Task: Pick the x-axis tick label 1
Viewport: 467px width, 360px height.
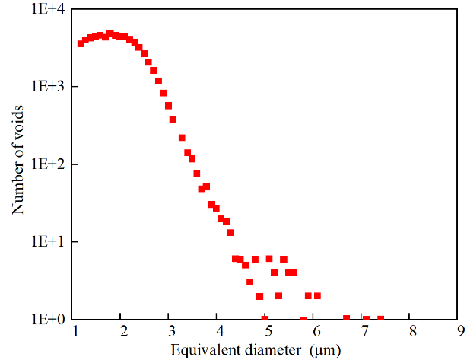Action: pos(75,331)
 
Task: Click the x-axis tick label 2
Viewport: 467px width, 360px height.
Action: pos(123,331)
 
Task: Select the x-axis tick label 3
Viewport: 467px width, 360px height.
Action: pos(172,331)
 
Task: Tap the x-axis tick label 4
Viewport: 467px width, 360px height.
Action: pos(220,331)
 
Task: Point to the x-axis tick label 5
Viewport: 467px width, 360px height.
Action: pos(268,331)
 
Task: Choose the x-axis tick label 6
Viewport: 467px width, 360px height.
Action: pos(316,331)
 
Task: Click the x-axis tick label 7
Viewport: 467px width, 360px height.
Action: pos(364,331)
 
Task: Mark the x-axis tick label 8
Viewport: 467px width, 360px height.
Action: pos(413,331)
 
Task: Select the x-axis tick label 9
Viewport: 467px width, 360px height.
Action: pos(461,331)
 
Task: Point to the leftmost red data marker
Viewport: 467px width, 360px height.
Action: pos(81,43)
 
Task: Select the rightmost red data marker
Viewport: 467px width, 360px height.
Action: pos(380,318)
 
